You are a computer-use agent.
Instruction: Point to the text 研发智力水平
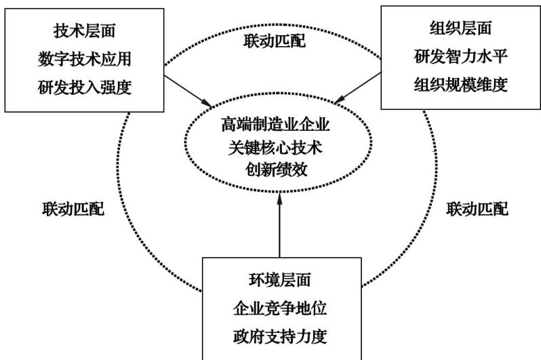pos(460,57)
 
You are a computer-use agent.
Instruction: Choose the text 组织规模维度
pos(460,86)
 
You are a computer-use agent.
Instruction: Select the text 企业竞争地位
pos(279,308)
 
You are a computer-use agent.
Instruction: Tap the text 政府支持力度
pos(279,337)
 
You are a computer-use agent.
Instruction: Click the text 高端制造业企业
pos(279,126)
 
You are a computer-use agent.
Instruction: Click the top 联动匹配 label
pos(274,42)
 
